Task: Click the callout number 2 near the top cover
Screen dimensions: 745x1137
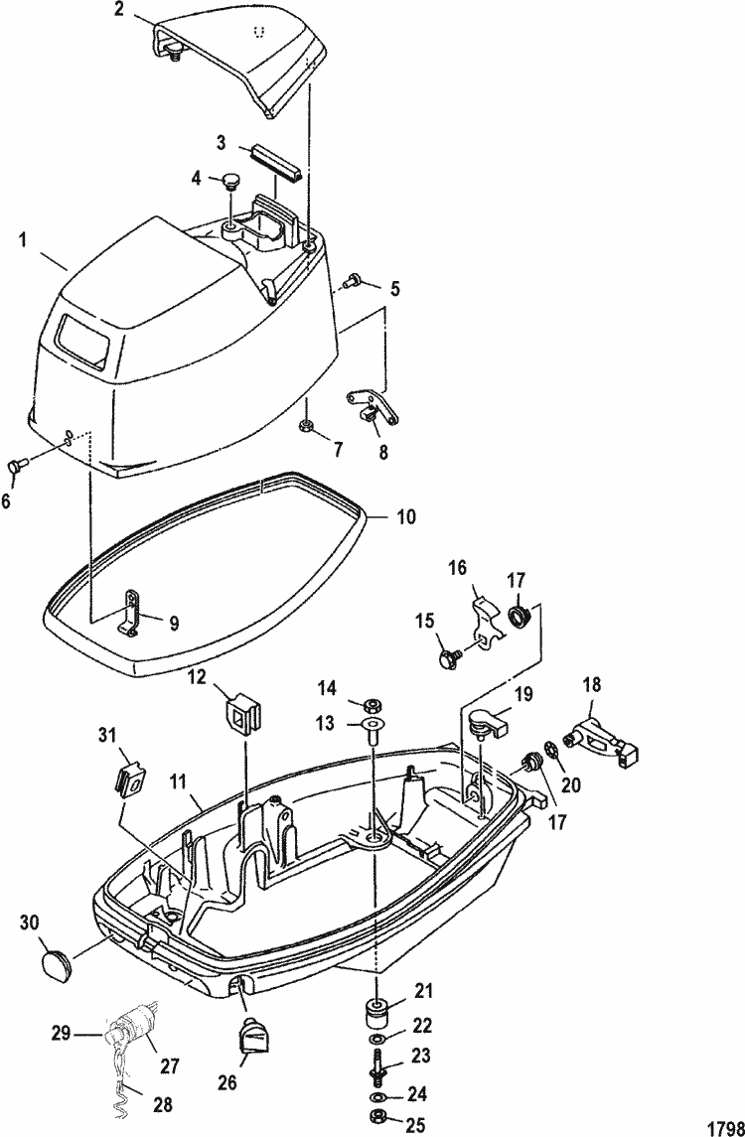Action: coord(120,10)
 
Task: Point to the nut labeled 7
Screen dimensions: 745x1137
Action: coord(305,424)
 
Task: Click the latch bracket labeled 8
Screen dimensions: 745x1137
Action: coord(372,407)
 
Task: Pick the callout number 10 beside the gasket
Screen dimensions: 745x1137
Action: coord(405,517)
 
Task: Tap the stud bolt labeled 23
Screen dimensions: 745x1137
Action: coord(375,1061)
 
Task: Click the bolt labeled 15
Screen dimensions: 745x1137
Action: coord(448,658)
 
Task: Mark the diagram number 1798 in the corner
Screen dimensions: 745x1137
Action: coord(728,1129)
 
